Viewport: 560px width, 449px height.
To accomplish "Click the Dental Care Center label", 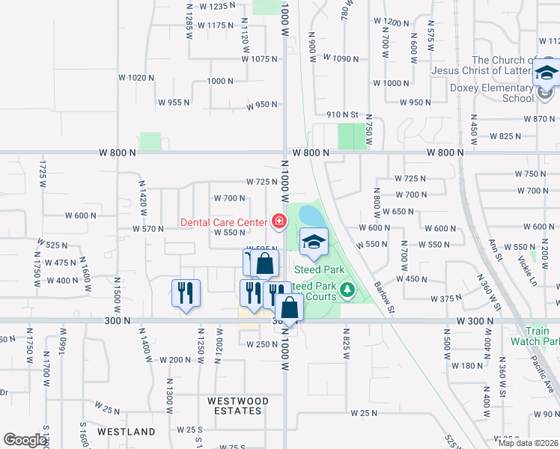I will (224, 222).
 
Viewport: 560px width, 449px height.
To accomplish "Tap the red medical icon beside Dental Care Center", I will (279, 221).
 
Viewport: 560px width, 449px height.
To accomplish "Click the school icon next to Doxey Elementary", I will (546, 74).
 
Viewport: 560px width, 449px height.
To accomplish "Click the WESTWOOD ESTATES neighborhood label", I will (235, 405).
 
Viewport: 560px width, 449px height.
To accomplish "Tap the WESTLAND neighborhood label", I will (127, 432).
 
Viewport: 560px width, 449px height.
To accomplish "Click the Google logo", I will (25, 440).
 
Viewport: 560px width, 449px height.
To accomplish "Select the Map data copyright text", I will (528, 443).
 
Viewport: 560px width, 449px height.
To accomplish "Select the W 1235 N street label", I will (207, 6).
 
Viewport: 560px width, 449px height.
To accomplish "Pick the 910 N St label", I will (344, 114).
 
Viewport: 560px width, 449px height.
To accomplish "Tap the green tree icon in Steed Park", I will (346, 289).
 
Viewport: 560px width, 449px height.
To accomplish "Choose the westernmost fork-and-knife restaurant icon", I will (186, 293).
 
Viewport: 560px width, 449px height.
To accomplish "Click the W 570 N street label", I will (147, 229).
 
